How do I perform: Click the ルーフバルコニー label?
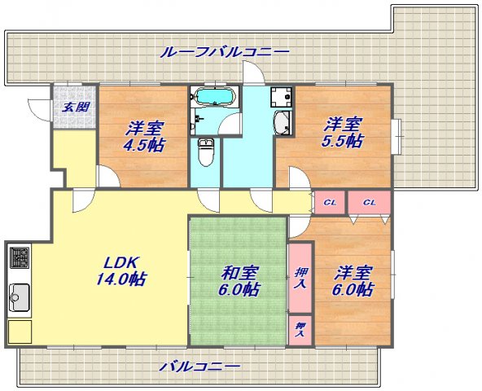tap(225, 52)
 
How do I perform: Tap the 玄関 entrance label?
tap(76, 108)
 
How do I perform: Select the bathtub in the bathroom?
tap(214, 96)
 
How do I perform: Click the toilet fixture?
tap(206, 152)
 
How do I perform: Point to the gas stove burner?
tap(20, 257)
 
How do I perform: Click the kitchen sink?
tap(20, 297)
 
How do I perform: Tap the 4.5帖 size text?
tap(144, 145)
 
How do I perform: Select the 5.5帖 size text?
tap(342, 141)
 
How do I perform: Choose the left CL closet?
tap(330, 202)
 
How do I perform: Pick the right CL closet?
tap(370, 202)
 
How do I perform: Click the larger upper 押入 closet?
tap(300, 278)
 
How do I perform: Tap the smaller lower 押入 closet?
tap(300, 330)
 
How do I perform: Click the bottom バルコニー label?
tap(199, 367)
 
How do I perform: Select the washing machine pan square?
tap(281, 97)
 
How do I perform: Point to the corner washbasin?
tap(283, 123)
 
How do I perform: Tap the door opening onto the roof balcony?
tap(253, 72)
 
